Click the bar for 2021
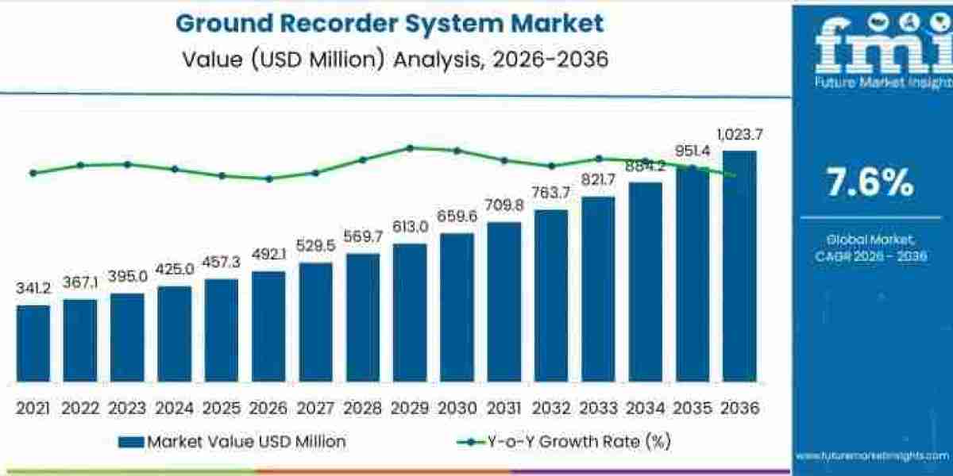click(33, 344)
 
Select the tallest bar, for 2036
click(739, 266)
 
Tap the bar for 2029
click(409, 313)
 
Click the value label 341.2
click(33, 289)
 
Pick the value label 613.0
click(410, 227)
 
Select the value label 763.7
click(550, 193)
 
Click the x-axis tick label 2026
click(268, 408)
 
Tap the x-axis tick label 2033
click(597, 408)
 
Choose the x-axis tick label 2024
click(174, 408)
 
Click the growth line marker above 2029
click(410, 148)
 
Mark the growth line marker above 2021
click(33, 173)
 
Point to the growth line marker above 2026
click(268, 178)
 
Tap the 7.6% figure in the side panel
click(870, 183)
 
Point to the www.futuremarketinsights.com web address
click(871, 455)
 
